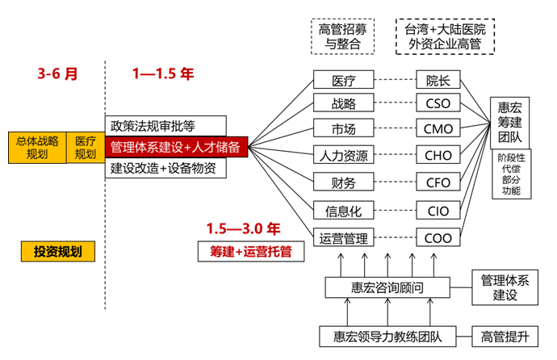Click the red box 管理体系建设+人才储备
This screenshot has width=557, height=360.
(x=176, y=148)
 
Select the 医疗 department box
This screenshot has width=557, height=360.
(x=344, y=80)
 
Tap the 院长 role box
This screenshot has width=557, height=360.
(x=438, y=80)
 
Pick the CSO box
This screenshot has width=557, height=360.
(x=438, y=103)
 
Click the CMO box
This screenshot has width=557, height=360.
(x=438, y=128)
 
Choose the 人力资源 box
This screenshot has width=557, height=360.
(x=344, y=154)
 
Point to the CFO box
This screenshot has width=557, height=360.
(x=438, y=182)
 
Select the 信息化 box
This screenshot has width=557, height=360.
(x=344, y=211)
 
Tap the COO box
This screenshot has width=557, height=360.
(x=438, y=238)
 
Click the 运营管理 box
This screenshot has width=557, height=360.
(x=344, y=238)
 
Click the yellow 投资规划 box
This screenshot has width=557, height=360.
(x=58, y=251)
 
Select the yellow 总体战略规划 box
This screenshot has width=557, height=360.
(x=37, y=148)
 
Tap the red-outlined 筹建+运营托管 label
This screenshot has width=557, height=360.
(x=245, y=252)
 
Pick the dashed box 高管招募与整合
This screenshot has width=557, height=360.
(x=342, y=36)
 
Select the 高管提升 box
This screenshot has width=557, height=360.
(x=505, y=336)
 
